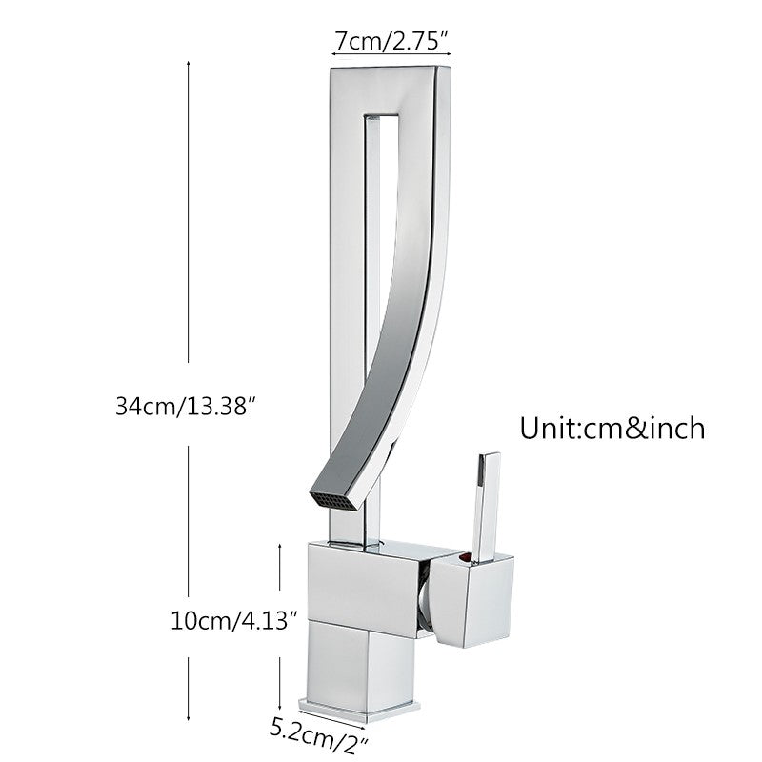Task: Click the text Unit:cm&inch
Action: coord(612,427)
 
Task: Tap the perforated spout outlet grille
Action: coord(336,500)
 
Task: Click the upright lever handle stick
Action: coord(484,506)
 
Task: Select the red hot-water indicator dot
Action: coord(464,557)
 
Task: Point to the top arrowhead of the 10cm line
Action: coord(279,545)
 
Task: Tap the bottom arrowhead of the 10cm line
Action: coord(279,699)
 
